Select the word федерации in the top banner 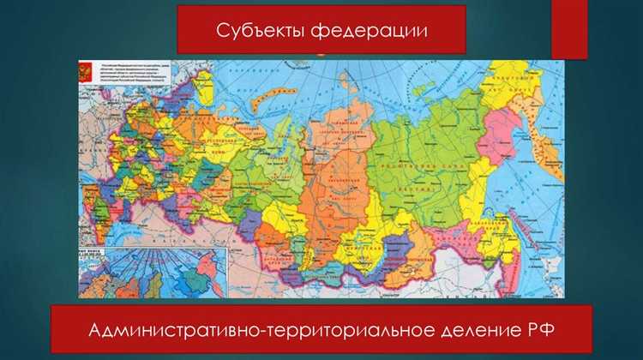pyautogui.click(x=370, y=30)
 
